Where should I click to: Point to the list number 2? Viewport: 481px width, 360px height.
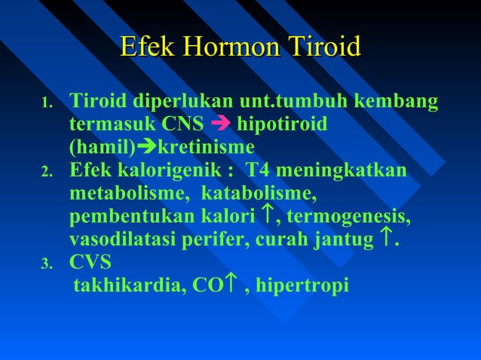46,173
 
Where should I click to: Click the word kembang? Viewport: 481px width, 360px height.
400,101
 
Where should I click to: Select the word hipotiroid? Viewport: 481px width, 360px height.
282,123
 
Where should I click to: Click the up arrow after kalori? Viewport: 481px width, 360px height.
265,217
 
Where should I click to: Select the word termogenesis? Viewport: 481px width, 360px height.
349,218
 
